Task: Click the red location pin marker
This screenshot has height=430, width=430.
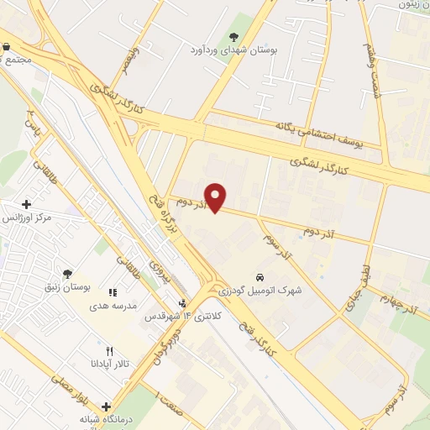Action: point(217,197)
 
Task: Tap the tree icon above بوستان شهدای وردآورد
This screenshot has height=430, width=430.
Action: point(233,36)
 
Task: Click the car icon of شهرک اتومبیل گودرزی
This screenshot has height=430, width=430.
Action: point(261,276)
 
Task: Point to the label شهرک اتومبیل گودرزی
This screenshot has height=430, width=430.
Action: point(261,291)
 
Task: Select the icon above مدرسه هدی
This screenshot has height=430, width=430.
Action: point(113,293)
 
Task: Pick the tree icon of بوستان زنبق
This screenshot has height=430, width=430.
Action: point(66,274)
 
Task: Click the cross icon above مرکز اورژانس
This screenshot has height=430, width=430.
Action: point(26,204)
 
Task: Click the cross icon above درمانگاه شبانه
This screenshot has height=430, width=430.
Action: point(106,406)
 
